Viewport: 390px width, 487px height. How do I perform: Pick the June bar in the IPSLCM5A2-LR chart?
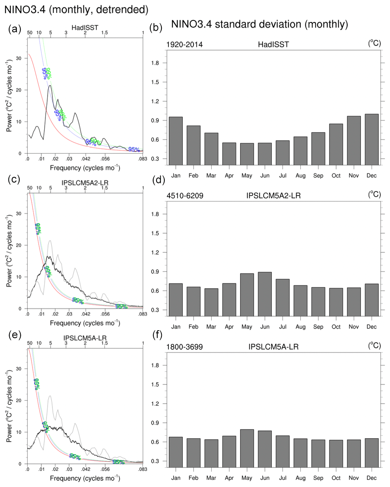(265, 294)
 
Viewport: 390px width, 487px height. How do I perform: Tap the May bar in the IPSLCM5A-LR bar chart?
(247, 448)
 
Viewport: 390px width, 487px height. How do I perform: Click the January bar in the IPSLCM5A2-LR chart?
(176, 300)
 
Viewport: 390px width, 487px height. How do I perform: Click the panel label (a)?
(14, 29)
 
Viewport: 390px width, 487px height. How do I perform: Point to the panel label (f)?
(157, 335)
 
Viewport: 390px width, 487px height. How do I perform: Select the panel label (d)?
(158, 180)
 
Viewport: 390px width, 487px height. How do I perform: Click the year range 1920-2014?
(184, 45)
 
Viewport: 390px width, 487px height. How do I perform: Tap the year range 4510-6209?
(185, 196)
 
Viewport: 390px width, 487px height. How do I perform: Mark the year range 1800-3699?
(184, 347)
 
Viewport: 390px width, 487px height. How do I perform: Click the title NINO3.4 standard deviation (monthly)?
(259, 24)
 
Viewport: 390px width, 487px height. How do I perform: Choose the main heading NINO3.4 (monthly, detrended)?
(76, 9)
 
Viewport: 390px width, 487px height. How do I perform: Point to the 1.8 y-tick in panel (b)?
(155, 63)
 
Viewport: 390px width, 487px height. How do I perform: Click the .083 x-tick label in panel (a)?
(143, 159)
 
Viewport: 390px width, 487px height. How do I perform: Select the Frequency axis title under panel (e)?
(85, 478)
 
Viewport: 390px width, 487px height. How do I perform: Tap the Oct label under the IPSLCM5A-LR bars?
(336, 478)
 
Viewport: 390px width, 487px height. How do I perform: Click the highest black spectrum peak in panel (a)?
(49, 86)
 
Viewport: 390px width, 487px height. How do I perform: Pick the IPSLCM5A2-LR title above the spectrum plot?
(85, 183)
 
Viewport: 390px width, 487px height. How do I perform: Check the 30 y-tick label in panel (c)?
(18, 214)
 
